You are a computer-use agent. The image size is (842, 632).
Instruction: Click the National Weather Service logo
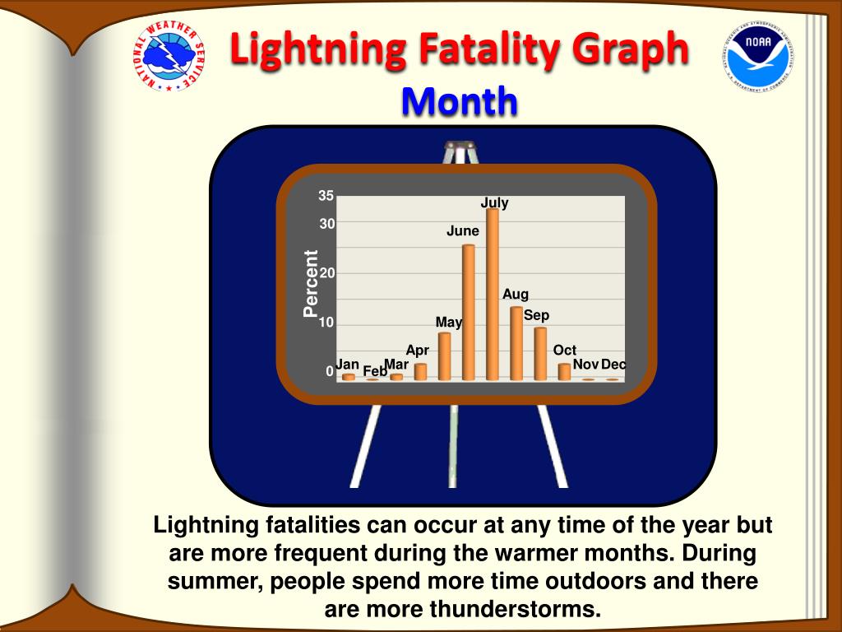tap(169, 56)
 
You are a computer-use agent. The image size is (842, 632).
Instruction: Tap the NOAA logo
tap(759, 56)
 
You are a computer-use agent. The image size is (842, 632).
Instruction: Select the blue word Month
tap(460, 101)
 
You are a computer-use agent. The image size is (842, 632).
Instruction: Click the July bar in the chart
tap(493, 295)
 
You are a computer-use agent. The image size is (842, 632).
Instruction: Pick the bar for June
tap(468, 313)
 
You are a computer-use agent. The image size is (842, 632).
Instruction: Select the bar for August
tap(516, 343)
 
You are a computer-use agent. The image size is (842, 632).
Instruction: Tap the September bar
tap(540, 354)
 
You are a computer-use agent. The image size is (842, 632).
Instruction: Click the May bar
tap(445, 356)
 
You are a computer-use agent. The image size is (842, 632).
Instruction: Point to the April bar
tap(420, 372)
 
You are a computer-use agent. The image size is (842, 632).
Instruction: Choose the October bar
tap(564, 372)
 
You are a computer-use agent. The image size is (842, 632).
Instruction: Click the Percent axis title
tap(310, 283)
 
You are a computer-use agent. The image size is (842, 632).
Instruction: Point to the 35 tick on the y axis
tap(326, 196)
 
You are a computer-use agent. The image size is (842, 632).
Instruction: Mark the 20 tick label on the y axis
tap(327, 273)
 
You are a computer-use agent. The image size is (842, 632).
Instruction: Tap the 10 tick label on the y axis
tap(327, 323)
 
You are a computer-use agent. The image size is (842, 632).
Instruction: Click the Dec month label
tap(613, 365)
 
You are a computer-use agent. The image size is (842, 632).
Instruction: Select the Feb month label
tap(375, 371)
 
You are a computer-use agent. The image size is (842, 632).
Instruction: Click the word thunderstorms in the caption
tap(515, 610)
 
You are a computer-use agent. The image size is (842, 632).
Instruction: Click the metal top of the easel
tap(460, 145)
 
